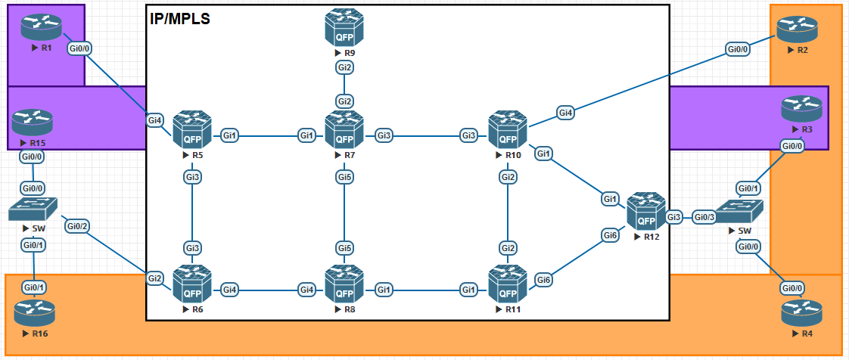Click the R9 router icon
tap(344, 28)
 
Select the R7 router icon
tap(344, 130)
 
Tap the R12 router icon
tap(645, 212)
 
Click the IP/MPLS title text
tap(180, 19)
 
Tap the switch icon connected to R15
tap(34, 209)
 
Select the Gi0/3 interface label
tap(704, 217)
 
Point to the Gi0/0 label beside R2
tap(738, 50)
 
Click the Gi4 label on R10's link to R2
tap(565, 113)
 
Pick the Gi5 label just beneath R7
tap(344, 177)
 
